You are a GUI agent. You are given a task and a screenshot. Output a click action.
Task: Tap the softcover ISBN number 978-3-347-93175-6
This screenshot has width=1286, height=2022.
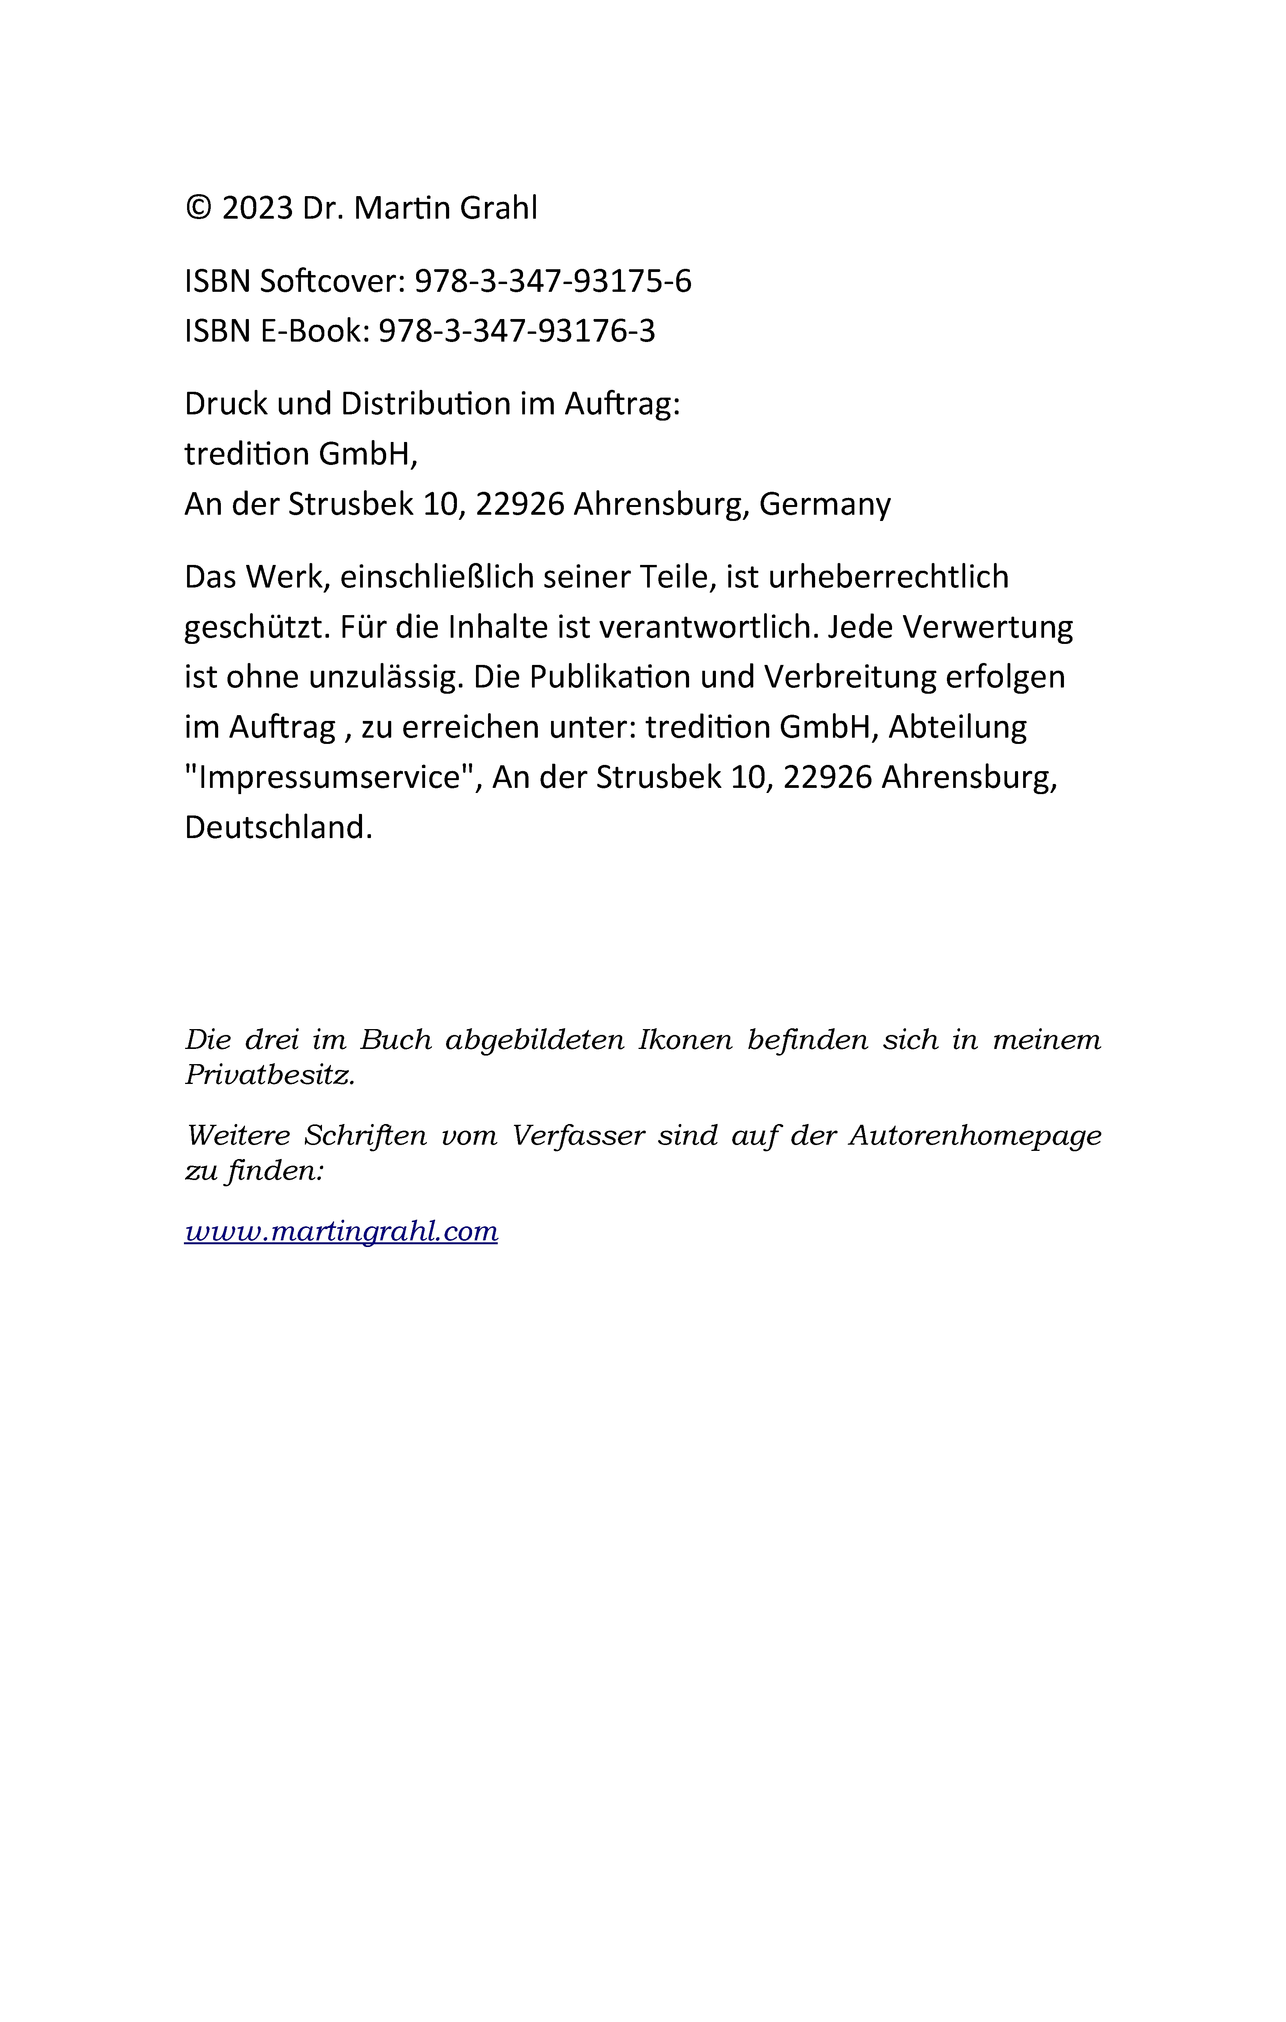coord(553,281)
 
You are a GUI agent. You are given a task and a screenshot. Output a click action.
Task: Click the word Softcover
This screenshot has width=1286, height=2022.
coord(333,281)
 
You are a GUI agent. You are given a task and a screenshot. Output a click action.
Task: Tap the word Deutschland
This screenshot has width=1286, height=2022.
coord(278,828)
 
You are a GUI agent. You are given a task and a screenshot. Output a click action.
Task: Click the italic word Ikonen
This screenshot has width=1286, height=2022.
coord(685,1040)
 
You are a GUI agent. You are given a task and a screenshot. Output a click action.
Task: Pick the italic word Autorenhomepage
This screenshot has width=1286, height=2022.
coord(975,1136)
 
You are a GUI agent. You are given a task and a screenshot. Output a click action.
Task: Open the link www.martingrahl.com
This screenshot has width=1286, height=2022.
coord(341,1232)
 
